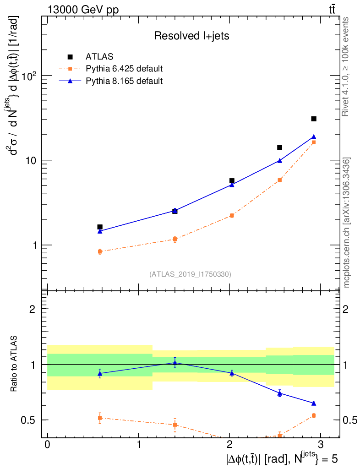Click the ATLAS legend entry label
click(99, 57)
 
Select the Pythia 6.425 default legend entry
click(124, 69)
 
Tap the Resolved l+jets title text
click(191, 36)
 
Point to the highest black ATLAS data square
click(314, 119)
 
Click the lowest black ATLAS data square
click(100, 227)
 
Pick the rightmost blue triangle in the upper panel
click(314, 137)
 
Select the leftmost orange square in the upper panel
click(100, 251)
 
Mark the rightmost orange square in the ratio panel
click(314, 415)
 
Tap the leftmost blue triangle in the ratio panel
click(100, 374)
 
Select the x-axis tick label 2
click(229, 446)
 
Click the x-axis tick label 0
click(47, 446)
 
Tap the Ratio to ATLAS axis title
click(14, 364)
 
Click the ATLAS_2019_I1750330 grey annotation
click(190, 274)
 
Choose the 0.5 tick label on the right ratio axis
click(349, 420)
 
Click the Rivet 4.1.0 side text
click(347, 66)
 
